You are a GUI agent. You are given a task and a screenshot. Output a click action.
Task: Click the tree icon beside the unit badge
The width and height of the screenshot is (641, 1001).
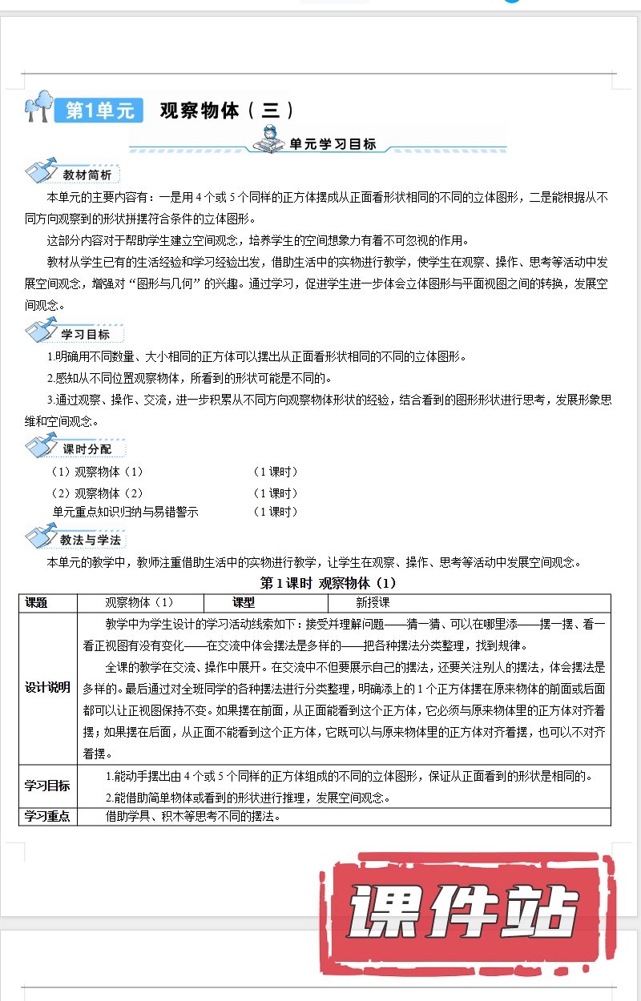coord(38,106)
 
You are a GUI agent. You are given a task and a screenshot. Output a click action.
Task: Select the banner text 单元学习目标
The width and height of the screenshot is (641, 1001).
coord(333,145)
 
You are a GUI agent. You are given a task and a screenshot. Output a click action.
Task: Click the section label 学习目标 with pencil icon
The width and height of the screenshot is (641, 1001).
coord(85,334)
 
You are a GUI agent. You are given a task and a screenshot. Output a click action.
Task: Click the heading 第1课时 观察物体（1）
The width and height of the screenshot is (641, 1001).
coord(329,583)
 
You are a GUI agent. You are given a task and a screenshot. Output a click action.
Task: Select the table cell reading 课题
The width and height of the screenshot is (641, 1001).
coord(37,603)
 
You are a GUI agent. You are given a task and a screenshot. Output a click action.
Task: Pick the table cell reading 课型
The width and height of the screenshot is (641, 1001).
coord(244,603)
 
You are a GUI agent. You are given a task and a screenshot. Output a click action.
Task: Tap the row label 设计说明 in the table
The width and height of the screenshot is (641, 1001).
coord(47,687)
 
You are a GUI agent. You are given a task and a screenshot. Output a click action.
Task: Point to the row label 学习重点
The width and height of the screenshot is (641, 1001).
coord(47,816)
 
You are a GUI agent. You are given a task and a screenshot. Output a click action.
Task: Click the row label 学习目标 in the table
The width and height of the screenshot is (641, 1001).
coord(47,786)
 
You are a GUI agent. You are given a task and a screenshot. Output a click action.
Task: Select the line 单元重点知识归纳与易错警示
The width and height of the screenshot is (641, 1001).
coord(125,512)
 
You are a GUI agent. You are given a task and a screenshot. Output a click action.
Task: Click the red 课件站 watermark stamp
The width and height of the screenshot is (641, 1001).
coord(465,909)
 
